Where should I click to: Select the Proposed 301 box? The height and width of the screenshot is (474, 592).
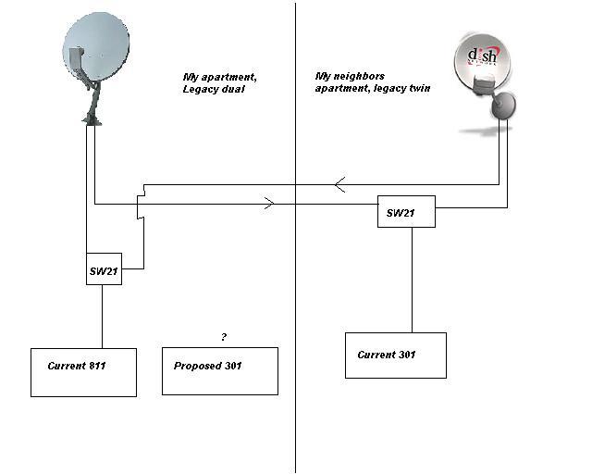[x=220, y=371]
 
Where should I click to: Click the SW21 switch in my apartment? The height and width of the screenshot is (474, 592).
[x=104, y=268]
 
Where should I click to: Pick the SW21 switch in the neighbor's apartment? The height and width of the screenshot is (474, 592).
[x=406, y=211]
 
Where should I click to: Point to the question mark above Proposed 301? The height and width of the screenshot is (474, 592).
[x=224, y=337]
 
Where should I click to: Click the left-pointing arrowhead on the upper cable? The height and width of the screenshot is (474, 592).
[x=339, y=184]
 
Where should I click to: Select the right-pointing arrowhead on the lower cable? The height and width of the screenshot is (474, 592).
[x=269, y=204]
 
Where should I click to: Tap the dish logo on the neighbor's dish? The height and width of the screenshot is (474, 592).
[x=482, y=56]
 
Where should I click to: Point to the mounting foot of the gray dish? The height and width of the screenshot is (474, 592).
[x=92, y=120]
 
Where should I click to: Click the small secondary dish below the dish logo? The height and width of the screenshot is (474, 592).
[x=503, y=105]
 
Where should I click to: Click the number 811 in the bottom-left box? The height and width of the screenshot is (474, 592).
[x=97, y=366]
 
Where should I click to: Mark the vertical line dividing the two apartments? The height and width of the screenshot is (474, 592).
[x=295, y=237]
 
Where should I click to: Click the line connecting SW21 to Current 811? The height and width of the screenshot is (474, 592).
[x=102, y=317]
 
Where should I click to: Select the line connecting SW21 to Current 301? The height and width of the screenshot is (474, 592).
[x=412, y=281]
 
